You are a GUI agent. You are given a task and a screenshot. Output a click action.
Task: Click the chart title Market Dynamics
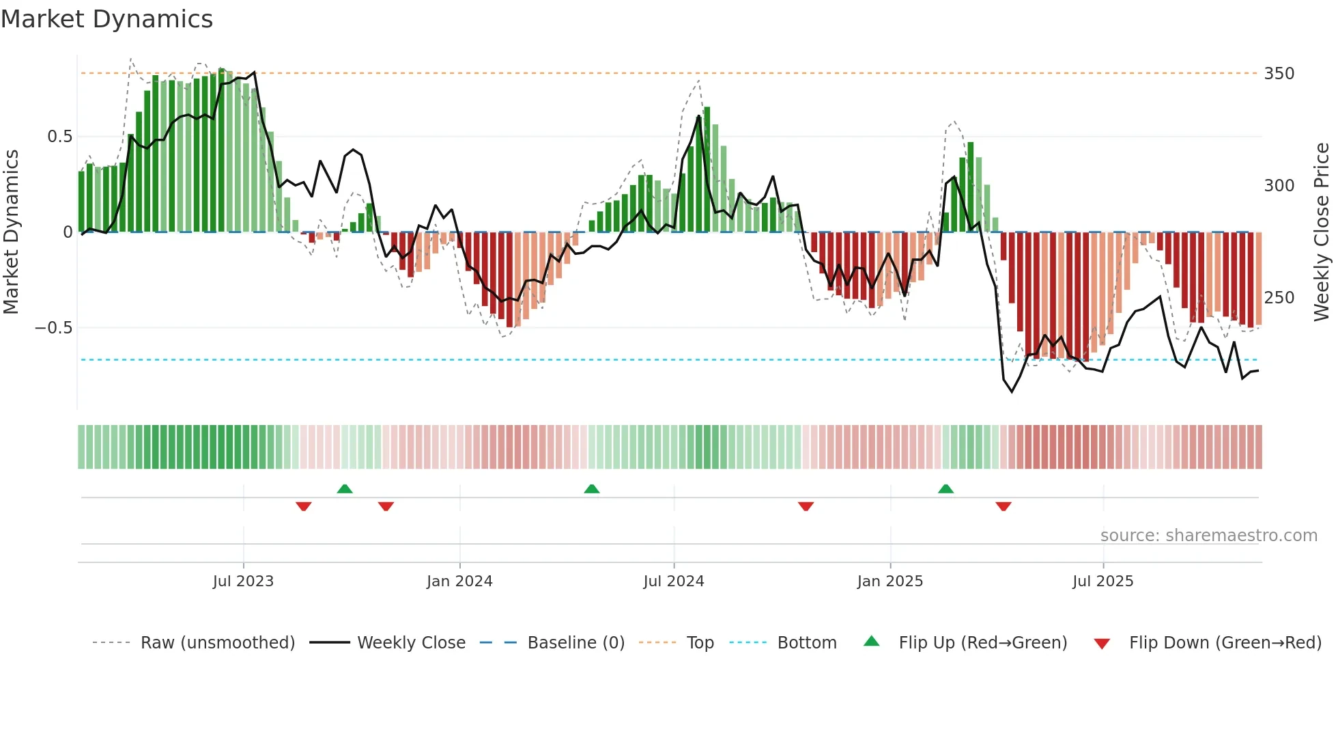(x=107, y=19)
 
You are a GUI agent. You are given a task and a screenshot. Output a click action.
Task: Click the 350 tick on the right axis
(x=1279, y=73)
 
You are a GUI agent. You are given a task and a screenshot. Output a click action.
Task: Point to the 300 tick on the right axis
(x=1279, y=185)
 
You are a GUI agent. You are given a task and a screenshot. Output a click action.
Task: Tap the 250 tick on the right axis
(x=1279, y=297)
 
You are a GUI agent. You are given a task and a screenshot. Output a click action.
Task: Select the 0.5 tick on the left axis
(x=59, y=136)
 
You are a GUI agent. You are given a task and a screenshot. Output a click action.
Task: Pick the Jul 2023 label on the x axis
(x=243, y=581)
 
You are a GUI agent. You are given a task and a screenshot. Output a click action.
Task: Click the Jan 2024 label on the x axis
(x=459, y=581)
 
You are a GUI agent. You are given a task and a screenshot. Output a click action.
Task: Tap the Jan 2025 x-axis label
(x=890, y=581)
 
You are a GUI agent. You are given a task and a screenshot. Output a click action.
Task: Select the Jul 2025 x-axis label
(x=1103, y=581)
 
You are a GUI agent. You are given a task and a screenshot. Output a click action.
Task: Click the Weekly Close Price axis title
(x=1322, y=232)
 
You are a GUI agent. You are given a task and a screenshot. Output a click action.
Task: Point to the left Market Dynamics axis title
(x=11, y=232)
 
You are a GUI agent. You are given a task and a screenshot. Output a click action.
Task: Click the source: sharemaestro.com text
(x=1208, y=535)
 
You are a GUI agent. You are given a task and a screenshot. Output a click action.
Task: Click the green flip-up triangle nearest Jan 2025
(x=945, y=489)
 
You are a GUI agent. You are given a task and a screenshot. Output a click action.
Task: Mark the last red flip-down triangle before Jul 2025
(x=1003, y=506)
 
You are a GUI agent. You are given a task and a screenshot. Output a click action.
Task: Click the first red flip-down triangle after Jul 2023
(x=304, y=506)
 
